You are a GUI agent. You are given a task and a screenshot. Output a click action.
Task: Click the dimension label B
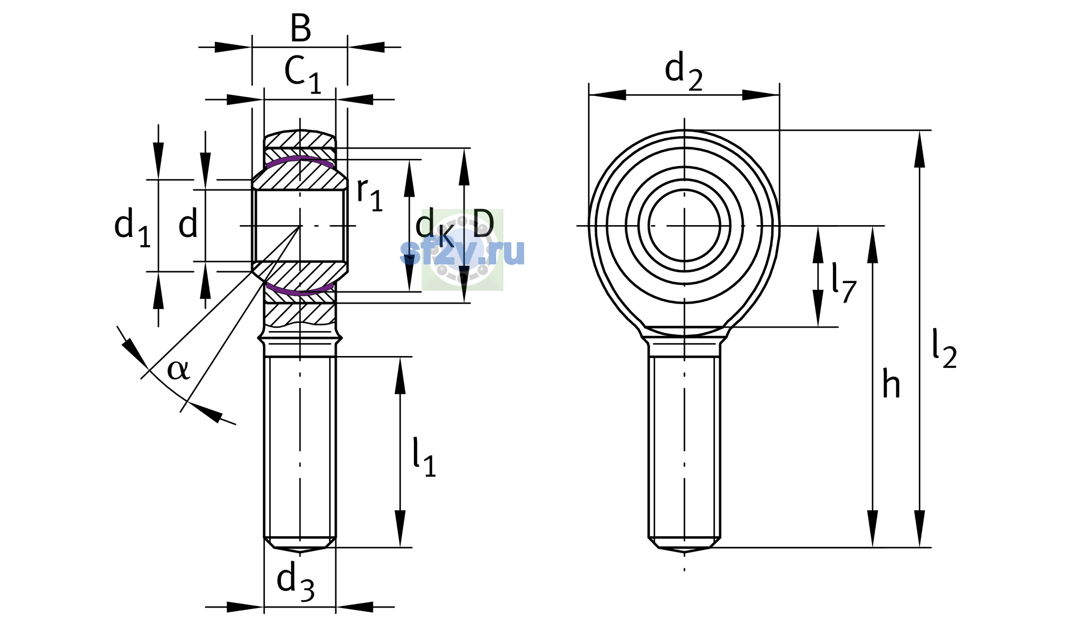pos(301,28)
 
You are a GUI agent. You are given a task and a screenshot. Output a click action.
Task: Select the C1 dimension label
pos(303,75)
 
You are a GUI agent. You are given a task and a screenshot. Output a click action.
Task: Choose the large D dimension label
pos(483,224)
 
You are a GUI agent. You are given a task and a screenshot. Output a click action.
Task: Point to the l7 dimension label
pos(844,283)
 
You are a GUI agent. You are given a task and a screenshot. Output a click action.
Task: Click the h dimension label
pos(891,385)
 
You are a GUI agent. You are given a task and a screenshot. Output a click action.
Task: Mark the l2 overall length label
pos(944,349)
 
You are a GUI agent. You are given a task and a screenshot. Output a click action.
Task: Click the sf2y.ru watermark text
pos(463,252)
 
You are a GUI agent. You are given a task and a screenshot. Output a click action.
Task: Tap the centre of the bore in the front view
pos(685,226)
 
